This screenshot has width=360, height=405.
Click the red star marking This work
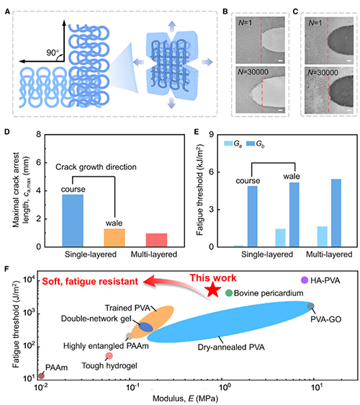[x=213, y=290]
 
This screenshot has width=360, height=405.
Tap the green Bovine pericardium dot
[x=229, y=293]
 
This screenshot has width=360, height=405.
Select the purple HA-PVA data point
[x=305, y=280]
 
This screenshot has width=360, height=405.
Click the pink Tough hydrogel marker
[x=109, y=356]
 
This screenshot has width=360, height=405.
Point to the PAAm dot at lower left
[x=41, y=375]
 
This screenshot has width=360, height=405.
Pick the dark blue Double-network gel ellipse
[x=146, y=326]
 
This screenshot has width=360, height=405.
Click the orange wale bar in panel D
[x=114, y=238]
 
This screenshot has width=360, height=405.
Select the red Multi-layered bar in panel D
[x=156, y=240]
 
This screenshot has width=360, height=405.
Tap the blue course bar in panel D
[x=73, y=221]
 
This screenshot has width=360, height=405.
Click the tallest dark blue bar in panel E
[x=336, y=213]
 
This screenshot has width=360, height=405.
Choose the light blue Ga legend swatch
[x=228, y=143]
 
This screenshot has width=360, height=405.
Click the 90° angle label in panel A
[x=53, y=53]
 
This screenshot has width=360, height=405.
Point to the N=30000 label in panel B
[x=253, y=72]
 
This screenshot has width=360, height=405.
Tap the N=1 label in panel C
[x=315, y=23]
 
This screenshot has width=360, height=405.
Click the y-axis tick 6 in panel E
[x=212, y=172]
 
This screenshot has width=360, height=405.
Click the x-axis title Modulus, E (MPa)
[x=185, y=399]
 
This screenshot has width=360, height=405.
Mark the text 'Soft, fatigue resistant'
[x=90, y=281]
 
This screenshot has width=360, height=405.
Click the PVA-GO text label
[x=325, y=319]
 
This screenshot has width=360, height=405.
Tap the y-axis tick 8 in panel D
[x=38, y=134]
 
